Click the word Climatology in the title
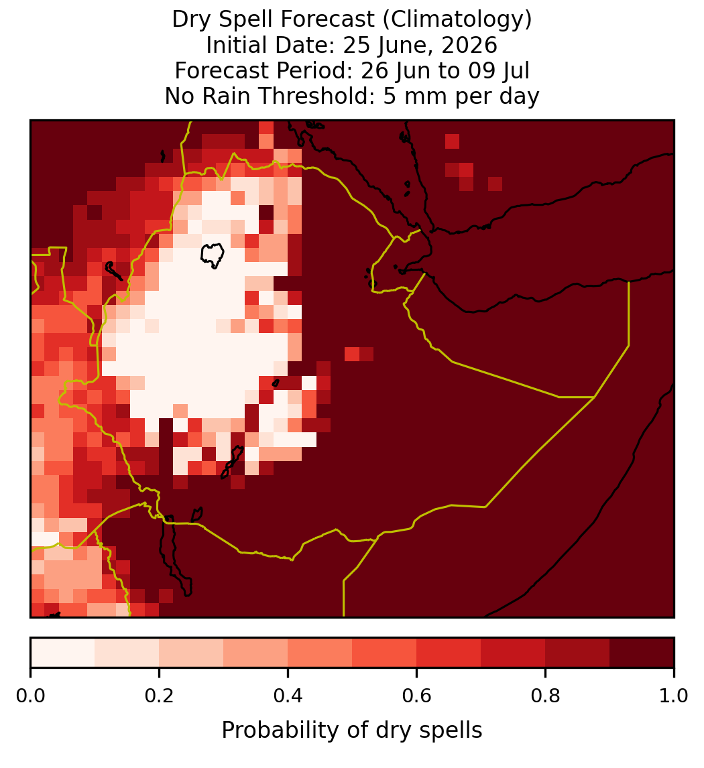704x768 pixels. click(x=456, y=20)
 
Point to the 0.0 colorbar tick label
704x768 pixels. click(x=30, y=696)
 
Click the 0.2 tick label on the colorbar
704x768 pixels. click(x=159, y=696)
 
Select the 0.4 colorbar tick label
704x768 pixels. click(x=288, y=696)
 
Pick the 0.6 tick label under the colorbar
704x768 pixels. click(x=417, y=696)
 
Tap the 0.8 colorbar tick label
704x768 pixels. click(x=546, y=696)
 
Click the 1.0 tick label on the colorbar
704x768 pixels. click(x=674, y=696)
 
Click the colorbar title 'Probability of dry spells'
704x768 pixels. click(x=352, y=730)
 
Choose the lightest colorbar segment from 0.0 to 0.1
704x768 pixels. click(x=63, y=653)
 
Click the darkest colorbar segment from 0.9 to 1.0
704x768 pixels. click(x=642, y=653)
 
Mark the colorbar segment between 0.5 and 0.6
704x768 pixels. click(x=385, y=653)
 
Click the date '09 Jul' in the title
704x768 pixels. click(x=499, y=71)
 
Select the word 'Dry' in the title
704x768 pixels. click(x=192, y=20)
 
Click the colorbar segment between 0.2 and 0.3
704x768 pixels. click(x=191, y=653)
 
